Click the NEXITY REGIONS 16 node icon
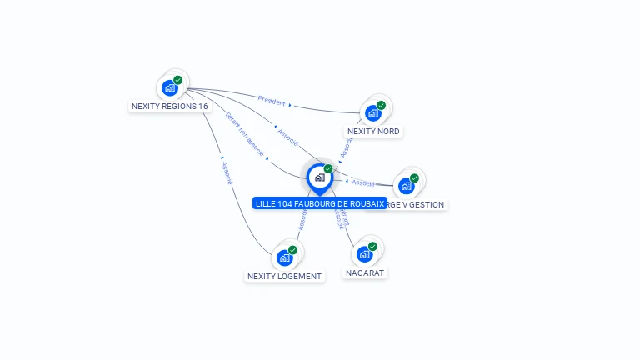170,87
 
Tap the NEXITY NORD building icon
373,112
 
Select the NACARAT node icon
364,253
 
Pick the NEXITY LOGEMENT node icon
285,257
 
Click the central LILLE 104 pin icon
319,177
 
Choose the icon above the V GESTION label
407,185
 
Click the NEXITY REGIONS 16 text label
170,107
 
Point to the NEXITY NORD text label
373,132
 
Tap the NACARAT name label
366,272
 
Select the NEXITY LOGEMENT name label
284,277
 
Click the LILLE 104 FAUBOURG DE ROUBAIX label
320,203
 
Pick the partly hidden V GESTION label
417,204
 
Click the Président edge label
272,100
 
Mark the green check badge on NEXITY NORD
382,105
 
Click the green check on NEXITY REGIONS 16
178,80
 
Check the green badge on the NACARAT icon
372,246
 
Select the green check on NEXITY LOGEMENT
293,250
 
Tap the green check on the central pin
328,169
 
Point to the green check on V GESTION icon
415,177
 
